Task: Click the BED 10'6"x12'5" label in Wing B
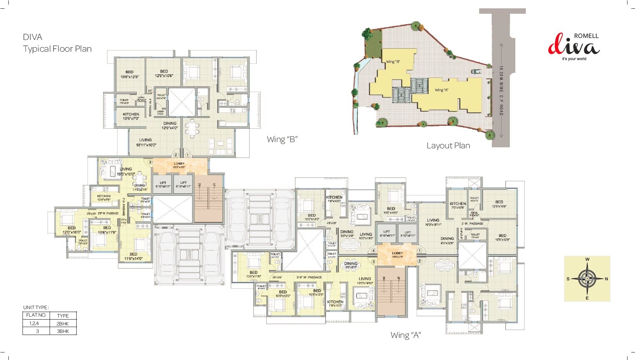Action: coord(129,74)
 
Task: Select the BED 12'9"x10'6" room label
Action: coord(164,73)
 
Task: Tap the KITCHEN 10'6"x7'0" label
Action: coord(131,116)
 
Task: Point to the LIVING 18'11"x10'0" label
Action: coord(145,142)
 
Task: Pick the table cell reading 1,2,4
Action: coord(34,323)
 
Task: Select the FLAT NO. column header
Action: coord(36,315)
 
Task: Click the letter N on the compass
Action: coord(606,279)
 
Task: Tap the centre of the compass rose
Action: coord(587,279)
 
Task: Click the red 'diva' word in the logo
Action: coord(573,47)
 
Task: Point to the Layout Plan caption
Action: coord(448,145)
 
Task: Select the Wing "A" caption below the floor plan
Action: coord(405,335)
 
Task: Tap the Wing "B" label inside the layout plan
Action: coord(393,62)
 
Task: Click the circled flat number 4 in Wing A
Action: coord(373,251)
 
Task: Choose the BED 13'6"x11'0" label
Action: coord(253,274)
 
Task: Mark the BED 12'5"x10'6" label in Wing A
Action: coord(499,204)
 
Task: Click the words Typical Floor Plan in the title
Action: coord(57,49)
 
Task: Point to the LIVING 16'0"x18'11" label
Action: coord(433,222)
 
